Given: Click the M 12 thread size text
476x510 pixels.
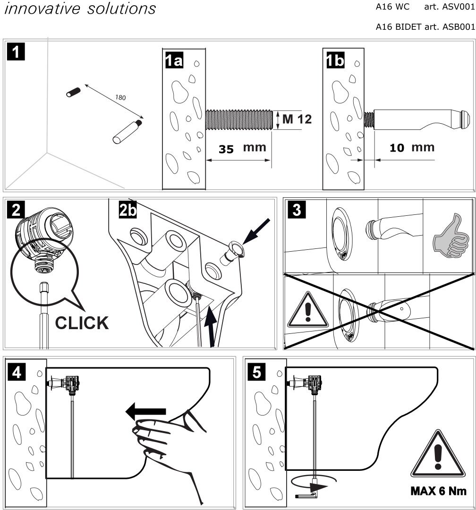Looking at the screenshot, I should point(297,119).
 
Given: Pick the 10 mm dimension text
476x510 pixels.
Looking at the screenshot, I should point(412,147).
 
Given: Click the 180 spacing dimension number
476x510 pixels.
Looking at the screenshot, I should point(120,97).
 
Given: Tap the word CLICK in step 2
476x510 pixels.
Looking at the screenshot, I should point(81,323).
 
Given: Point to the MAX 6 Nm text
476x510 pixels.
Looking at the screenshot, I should point(439,491).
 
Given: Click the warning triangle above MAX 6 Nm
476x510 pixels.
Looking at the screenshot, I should point(439,459).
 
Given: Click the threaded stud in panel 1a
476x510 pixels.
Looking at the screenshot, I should point(239,119).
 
